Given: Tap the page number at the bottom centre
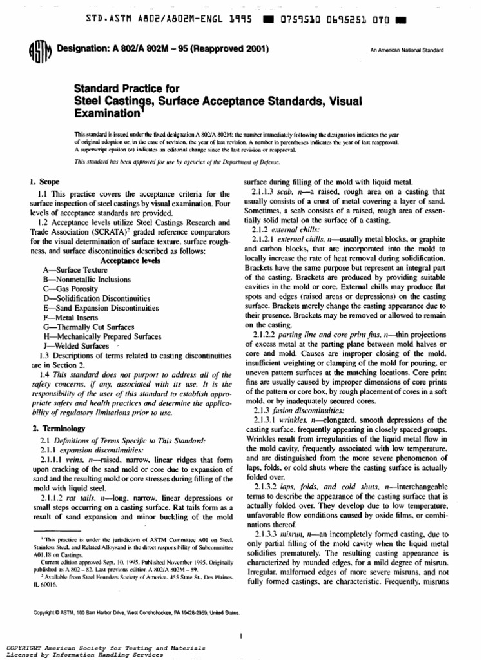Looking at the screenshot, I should click(x=240, y=619).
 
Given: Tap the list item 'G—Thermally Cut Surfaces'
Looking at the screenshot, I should click(x=87, y=327).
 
